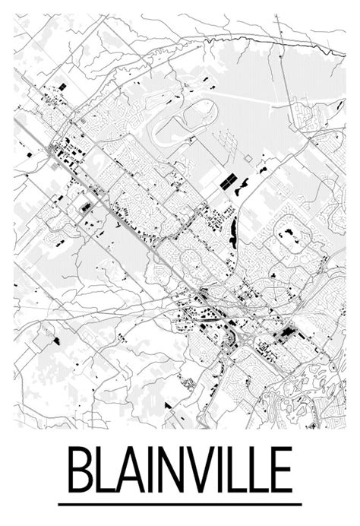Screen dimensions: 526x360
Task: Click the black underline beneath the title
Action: point(180,503)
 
